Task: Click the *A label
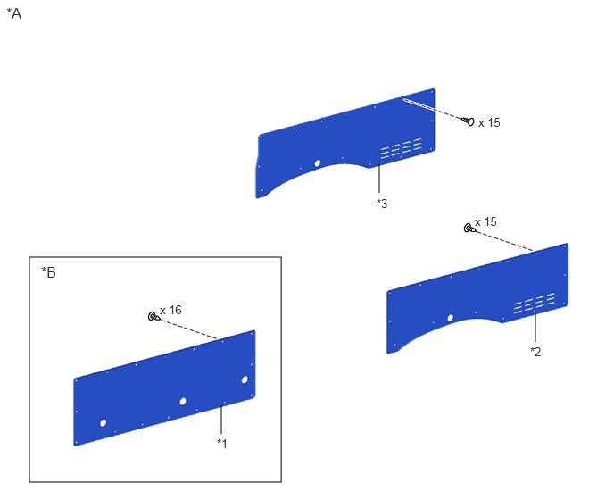click(14, 14)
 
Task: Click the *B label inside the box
click(48, 272)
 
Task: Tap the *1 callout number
click(222, 444)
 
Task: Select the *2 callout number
click(535, 352)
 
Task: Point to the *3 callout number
click(382, 204)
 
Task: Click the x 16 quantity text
click(170, 311)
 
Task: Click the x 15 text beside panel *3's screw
click(489, 122)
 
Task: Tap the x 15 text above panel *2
click(485, 221)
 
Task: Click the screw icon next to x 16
click(153, 316)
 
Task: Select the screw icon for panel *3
click(468, 121)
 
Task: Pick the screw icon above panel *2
click(469, 228)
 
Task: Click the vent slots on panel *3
click(401, 148)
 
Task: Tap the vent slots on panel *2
click(535, 303)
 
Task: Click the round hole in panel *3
click(318, 163)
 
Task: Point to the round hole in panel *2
click(451, 318)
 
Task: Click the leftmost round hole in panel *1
click(104, 423)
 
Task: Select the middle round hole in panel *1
click(183, 401)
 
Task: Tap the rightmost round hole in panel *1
click(245, 379)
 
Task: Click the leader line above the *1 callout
click(221, 420)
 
